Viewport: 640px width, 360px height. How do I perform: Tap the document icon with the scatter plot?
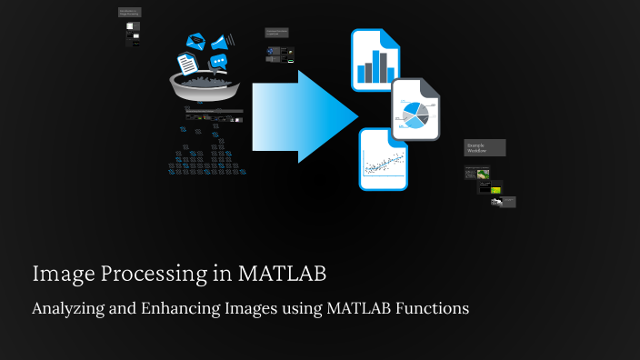point(383,159)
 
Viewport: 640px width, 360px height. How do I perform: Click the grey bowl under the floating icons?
point(205,86)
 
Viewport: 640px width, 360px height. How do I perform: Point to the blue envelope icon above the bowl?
point(195,41)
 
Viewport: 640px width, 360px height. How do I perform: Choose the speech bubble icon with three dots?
point(218,62)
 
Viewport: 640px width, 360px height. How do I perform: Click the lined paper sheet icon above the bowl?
point(185,64)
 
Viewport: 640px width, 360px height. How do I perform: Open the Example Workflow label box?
point(485,147)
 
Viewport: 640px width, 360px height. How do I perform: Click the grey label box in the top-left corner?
point(131,13)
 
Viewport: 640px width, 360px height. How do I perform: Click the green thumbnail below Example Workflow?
point(484,174)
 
